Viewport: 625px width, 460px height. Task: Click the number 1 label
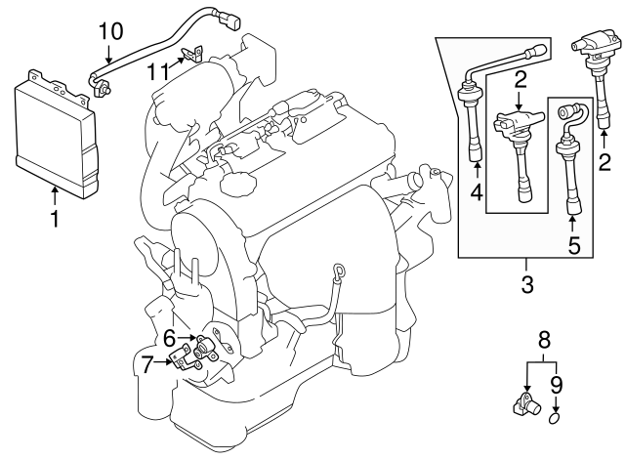pyautogui.click(x=55, y=220)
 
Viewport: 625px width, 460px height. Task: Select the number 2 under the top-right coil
pyautogui.click(x=604, y=160)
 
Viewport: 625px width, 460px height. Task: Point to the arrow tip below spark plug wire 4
pyautogui.click(x=476, y=167)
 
